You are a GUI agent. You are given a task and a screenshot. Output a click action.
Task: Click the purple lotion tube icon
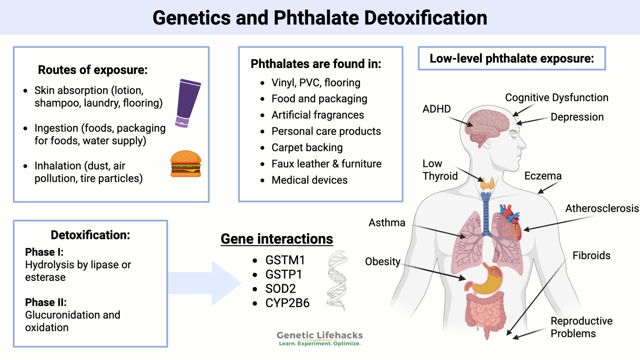click(x=188, y=103)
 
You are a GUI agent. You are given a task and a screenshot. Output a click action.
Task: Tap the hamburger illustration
click(x=186, y=164)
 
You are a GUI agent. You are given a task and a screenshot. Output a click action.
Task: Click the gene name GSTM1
click(x=285, y=260)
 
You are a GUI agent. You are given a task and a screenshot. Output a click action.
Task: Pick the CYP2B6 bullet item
click(x=287, y=303)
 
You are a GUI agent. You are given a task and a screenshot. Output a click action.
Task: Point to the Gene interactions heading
click(x=277, y=239)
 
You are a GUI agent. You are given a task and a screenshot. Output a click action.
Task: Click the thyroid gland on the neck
click(x=487, y=184)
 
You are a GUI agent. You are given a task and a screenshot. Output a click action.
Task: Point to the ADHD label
click(x=437, y=109)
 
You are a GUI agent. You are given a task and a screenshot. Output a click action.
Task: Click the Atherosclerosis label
click(x=602, y=208)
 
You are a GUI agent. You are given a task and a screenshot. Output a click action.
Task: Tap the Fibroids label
click(x=591, y=255)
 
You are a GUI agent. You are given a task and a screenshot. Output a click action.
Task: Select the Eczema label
click(x=543, y=176)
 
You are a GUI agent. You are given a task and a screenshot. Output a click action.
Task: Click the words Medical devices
click(x=309, y=180)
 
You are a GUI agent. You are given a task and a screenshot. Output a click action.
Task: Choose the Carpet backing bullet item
click(x=307, y=147)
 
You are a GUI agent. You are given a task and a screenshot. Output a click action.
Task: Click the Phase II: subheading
click(x=46, y=302)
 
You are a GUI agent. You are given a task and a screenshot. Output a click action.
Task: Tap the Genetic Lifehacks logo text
click(x=319, y=335)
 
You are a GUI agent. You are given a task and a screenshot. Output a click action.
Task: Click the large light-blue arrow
click(x=206, y=283)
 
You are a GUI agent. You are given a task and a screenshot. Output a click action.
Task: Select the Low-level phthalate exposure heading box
click(x=512, y=58)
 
